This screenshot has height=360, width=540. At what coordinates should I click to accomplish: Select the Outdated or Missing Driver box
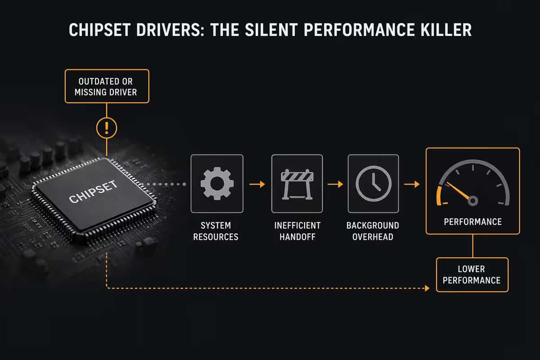coord(107,86)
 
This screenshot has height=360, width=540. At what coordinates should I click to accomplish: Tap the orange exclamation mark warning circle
coord(107,128)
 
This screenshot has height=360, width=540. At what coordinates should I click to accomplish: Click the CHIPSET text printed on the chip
coord(93,192)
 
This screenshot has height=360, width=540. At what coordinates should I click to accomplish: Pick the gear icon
coord(217,184)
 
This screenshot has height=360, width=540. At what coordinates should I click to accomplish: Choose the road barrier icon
coord(297,184)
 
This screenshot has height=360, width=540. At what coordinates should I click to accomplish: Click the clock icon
coord(373,184)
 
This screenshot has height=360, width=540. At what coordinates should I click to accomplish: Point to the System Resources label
coord(216,231)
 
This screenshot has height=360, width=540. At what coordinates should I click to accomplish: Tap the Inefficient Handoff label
coord(297,231)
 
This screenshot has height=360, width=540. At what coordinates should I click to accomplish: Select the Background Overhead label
coord(373,231)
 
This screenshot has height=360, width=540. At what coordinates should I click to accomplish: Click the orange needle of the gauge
coord(458,190)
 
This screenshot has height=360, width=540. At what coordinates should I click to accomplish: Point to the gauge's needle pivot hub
coord(473,201)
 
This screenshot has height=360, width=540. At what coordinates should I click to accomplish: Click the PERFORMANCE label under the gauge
coord(473,221)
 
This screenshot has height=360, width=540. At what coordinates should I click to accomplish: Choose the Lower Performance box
coord(472,274)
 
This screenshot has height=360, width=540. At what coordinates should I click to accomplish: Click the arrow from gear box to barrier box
coord(257,184)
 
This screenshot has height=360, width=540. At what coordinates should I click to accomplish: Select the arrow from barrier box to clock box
coord(335,184)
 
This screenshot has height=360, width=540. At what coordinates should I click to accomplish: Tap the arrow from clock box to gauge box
coord(412,184)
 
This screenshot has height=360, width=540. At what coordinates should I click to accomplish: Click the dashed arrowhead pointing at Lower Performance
coord(427,288)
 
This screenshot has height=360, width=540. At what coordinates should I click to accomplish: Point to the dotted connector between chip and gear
coord(164,184)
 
